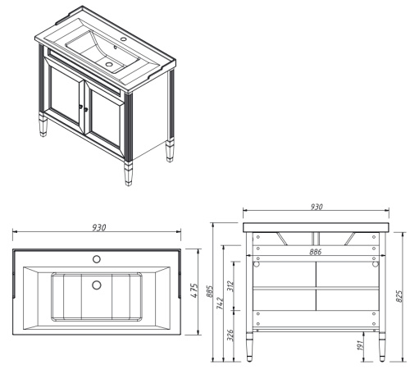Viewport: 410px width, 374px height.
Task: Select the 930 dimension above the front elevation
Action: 316,208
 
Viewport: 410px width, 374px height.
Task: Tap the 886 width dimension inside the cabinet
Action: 315,252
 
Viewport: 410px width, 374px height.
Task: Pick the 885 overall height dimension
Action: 211,292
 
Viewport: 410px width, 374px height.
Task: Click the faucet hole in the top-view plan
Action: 96,258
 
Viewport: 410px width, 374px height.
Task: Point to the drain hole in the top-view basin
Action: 97,285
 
